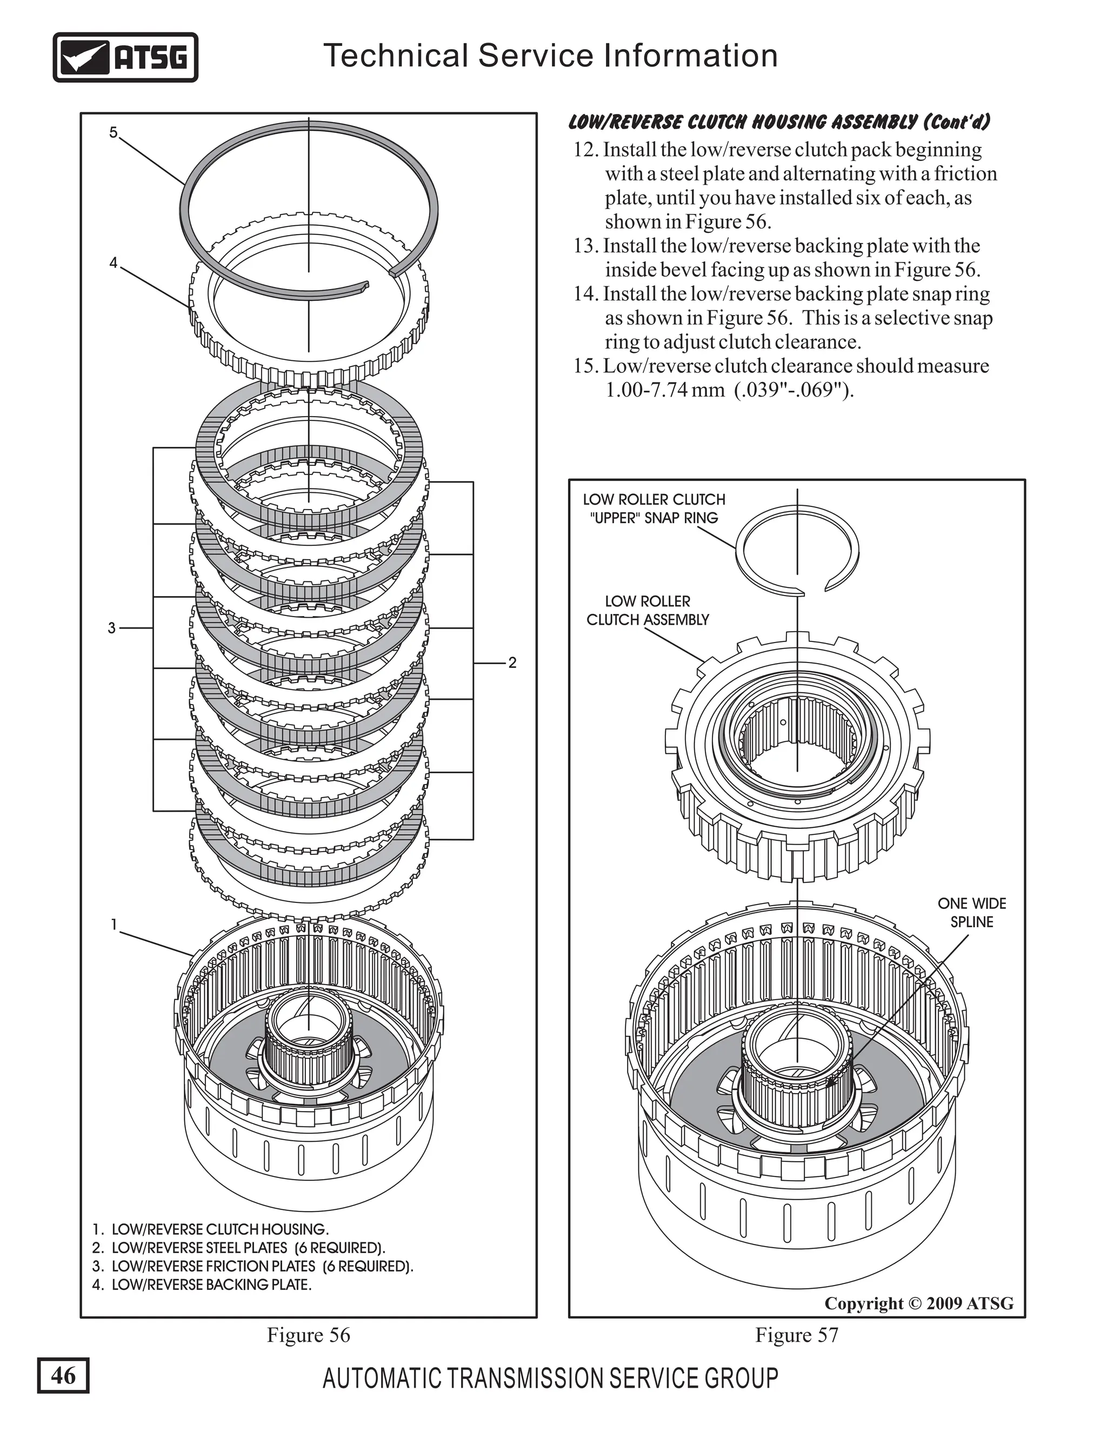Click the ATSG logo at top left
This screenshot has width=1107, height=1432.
125,58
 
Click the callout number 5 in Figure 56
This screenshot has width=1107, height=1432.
114,133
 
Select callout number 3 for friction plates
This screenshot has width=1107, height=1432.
111,628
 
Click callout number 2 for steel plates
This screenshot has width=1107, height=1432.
512,663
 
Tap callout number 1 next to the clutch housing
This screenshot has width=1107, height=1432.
114,925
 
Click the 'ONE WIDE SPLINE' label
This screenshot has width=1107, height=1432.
971,913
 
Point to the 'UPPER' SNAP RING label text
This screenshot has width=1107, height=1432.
654,518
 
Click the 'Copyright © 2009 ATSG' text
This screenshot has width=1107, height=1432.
919,1303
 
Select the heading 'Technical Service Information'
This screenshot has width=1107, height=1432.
550,56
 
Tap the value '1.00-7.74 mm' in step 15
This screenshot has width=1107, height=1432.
664,391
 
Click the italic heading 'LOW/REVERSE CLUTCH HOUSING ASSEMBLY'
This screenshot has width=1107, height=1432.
778,123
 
